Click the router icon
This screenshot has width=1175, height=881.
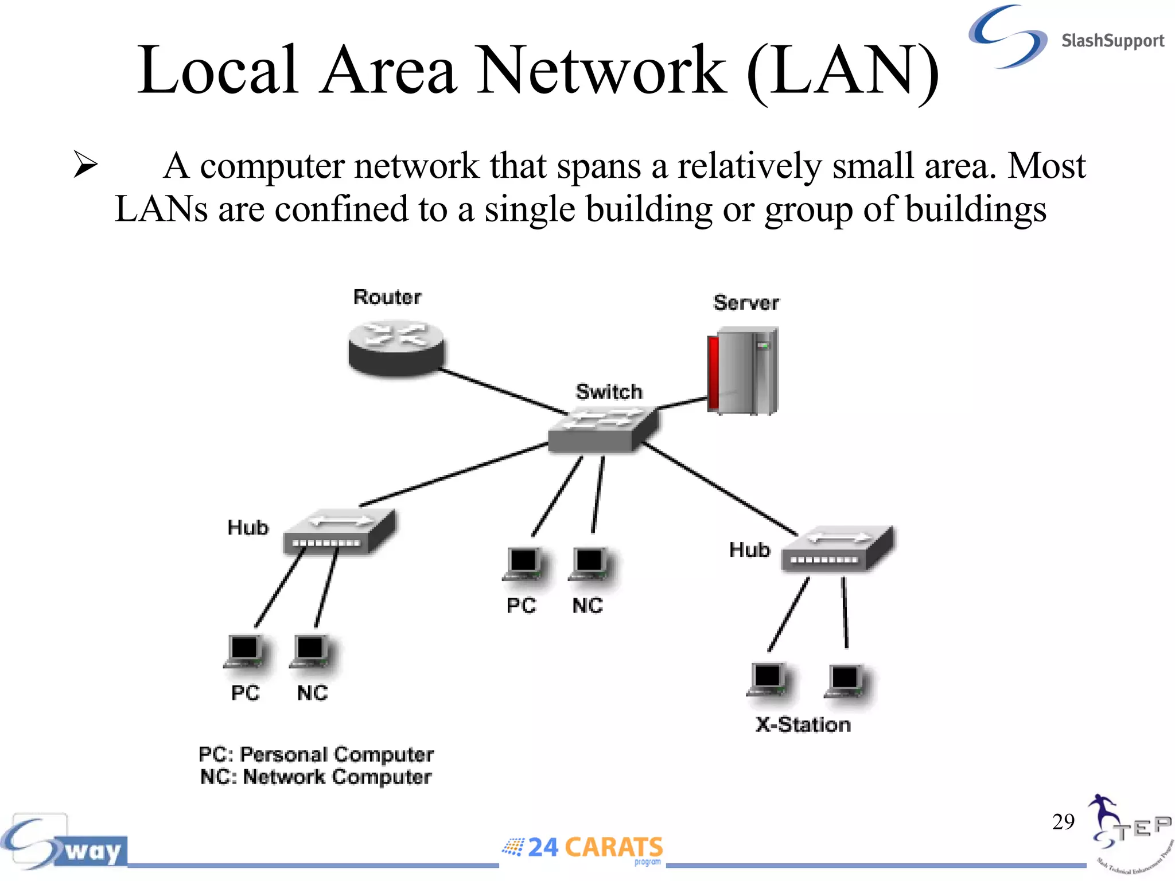pos(396,348)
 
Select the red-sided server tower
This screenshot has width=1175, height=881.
pos(742,371)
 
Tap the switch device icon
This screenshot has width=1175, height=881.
pos(602,431)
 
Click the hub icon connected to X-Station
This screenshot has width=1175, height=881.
pos(837,549)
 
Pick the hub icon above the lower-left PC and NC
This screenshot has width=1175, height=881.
pos(339,532)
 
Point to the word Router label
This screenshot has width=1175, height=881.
pos(387,297)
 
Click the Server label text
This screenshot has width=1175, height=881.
pos(746,303)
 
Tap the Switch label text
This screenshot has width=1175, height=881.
pos(609,392)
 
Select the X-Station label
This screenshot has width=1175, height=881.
pos(803,725)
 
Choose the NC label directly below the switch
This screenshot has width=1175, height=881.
pos(587,606)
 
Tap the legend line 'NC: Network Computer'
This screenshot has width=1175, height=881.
pos(316,777)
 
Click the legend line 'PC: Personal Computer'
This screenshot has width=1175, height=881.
pos(316,754)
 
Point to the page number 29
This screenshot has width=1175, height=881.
pos(1063,822)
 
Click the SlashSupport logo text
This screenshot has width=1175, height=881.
pos(1112,41)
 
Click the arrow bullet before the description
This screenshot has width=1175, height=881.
pos(85,165)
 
